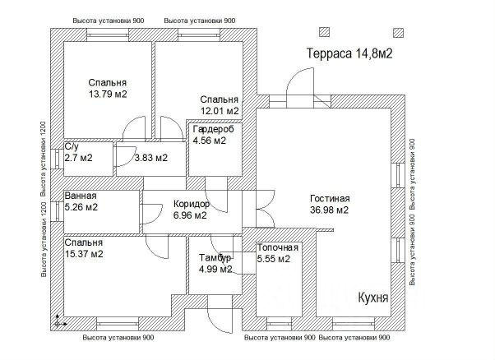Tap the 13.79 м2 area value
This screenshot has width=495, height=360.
click(108, 95)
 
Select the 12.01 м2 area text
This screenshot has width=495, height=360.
click(220, 110)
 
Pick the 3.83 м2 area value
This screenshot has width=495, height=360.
click(150, 158)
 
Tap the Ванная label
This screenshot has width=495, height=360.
click(81, 196)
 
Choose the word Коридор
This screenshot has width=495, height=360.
click(192, 204)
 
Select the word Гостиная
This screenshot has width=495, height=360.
click(330, 198)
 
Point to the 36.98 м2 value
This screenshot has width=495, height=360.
click(330, 210)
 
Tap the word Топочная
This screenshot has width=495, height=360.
click(277, 247)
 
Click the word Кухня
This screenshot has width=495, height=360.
click(373, 296)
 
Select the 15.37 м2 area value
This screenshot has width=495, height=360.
click(84, 254)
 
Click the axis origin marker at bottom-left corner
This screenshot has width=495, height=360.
click(57, 323)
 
